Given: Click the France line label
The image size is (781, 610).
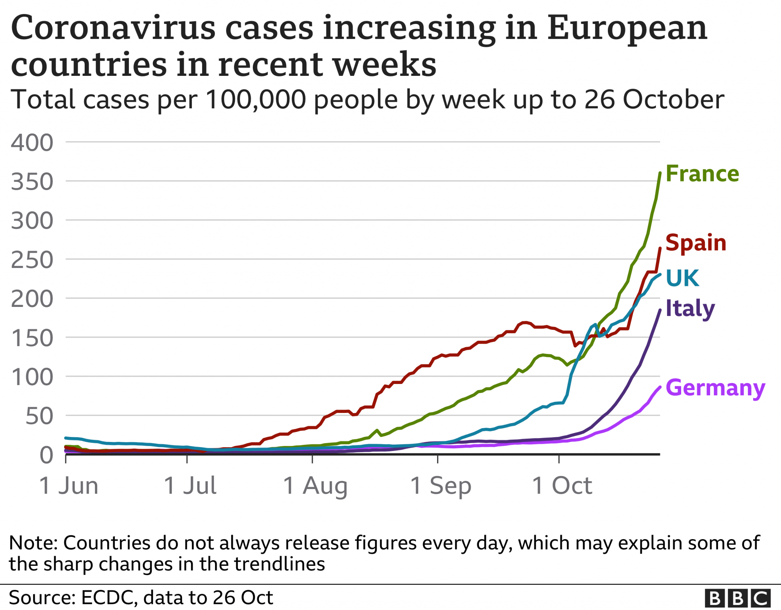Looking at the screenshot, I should (x=702, y=174).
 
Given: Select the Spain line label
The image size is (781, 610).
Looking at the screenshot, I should (x=696, y=243).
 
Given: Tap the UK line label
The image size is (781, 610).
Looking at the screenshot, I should (x=682, y=278).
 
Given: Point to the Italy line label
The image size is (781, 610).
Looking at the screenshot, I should (x=690, y=308).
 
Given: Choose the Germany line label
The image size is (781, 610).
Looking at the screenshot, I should (x=715, y=388).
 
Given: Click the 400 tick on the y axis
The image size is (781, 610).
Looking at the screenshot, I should (x=32, y=143).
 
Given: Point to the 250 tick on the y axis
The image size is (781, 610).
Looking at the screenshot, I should (x=32, y=260).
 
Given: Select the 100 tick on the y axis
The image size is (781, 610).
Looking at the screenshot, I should (x=32, y=377).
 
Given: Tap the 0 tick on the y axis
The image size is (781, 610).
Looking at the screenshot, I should (x=47, y=455).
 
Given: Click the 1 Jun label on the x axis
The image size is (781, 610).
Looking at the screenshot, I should (x=69, y=486).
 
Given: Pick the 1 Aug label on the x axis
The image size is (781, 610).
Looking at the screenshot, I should (x=315, y=486).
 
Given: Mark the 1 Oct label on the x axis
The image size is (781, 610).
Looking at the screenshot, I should (x=562, y=486).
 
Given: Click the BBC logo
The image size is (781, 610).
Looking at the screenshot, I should (x=737, y=598).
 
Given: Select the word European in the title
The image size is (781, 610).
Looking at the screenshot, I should (x=627, y=28).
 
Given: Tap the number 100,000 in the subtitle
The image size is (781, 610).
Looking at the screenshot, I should (x=256, y=100).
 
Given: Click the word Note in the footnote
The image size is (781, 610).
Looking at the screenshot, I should (x=30, y=543).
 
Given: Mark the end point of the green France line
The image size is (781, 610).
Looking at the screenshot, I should (x=660, y=173).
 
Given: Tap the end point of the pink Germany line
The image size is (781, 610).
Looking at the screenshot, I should (x=660, y=387).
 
